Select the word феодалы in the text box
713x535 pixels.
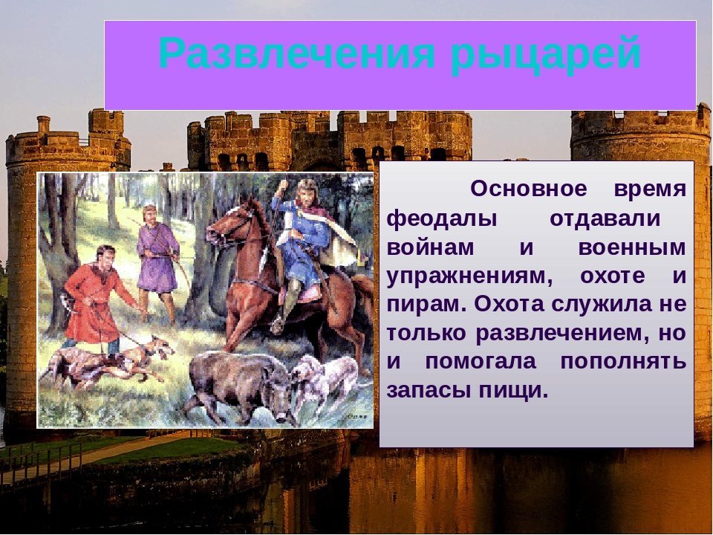click(441, 218)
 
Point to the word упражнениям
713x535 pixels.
click(469, 276)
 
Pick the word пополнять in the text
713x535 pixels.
click(623, 362)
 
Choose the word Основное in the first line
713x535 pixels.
click(528, 188)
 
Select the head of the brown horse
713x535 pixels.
click(229, 223)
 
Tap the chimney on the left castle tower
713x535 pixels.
click(43, 124)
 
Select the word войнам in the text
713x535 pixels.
click(430, 248)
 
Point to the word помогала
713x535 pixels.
click(481, 362)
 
